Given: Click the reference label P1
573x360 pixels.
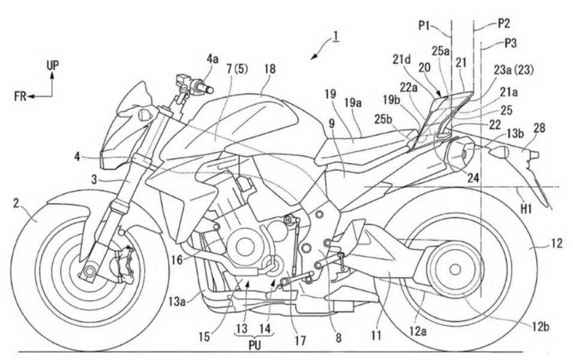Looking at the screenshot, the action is coord(425,26).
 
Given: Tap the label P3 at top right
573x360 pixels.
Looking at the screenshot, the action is coord(511,44).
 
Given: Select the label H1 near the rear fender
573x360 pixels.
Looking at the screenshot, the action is coord(526,209).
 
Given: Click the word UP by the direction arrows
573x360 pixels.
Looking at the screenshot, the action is coord(53,66).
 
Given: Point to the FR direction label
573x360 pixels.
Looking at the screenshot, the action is coord(20,97).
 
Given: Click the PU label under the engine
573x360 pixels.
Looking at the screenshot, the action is coord(255,346).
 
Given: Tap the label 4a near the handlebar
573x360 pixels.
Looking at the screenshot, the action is coord(212,59).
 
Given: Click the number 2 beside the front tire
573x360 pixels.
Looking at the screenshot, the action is coord(16,204).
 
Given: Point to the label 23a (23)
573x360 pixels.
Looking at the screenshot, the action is coord(514,70).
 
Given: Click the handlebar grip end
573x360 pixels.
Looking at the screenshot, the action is coord(210,89).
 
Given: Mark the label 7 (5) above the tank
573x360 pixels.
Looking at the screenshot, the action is coord(237,69).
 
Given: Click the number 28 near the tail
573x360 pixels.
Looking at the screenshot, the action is coord(539,128).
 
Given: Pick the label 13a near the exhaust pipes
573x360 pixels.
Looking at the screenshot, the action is coord(178,301).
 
